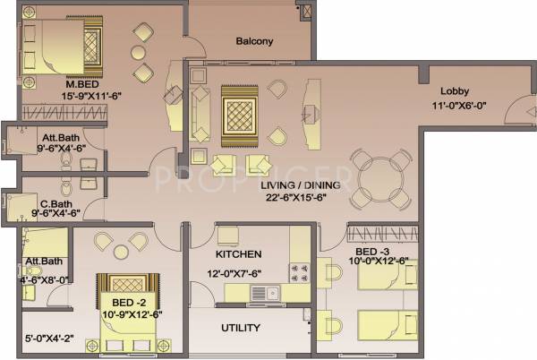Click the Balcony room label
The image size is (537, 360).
[x=254, y=41]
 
